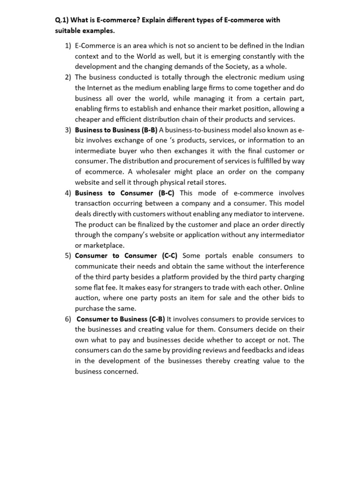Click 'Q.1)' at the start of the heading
point(62,21)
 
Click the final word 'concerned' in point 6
point(123,371)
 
